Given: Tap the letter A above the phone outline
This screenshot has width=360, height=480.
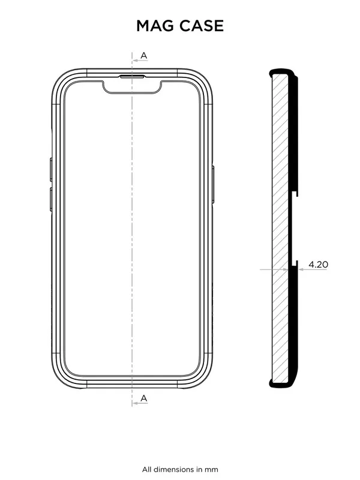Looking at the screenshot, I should click(143, 56).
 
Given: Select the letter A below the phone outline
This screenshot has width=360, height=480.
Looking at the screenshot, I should click(143, 398).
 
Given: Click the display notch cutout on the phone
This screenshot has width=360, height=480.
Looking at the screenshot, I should click(132, 88).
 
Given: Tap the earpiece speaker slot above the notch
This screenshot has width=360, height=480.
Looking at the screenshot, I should click(132, 77).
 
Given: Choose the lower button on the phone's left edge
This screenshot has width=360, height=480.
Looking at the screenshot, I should click(51, 199).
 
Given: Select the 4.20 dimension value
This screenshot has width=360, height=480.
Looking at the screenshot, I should click(317, 263).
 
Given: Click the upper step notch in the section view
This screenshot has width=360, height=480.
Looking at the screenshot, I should click(295, 195).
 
